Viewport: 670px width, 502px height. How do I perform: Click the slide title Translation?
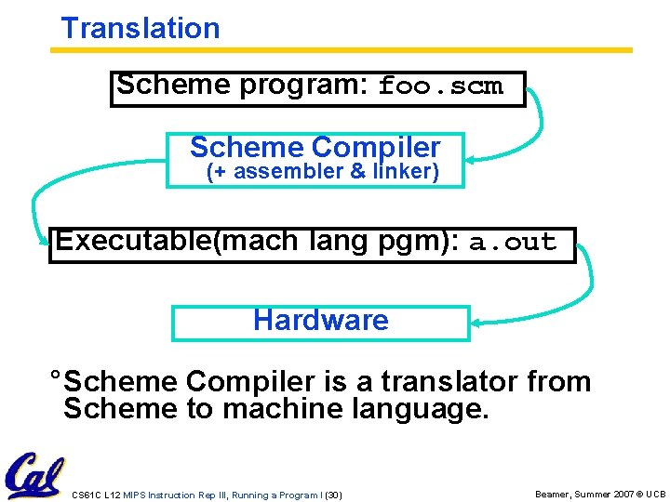(141, 28)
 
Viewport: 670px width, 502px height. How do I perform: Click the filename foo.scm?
(440, 87)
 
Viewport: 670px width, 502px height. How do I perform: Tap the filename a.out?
(513, 244)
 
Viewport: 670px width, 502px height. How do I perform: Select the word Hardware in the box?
(320, 321)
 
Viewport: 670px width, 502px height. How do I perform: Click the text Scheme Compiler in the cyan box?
(315, 147)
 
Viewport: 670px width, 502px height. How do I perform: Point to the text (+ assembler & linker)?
(322, 172)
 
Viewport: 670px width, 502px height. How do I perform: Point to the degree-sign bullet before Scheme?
(56, 376)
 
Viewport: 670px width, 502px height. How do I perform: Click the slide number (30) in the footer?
(332, 495)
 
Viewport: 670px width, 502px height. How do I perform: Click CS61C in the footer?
(85, 495)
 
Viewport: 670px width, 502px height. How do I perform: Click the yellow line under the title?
(341, 49)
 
